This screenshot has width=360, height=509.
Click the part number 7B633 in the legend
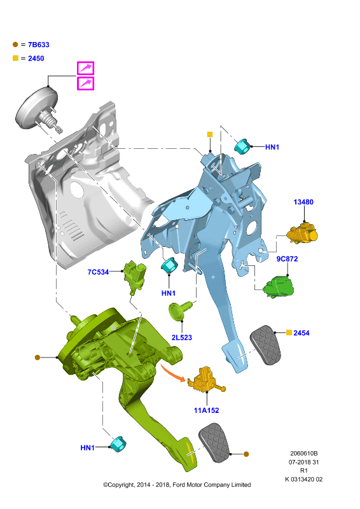coord(39,45)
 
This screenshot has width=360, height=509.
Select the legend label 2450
coord(36,59)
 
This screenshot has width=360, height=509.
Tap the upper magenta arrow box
coord(85,68)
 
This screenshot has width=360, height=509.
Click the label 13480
coord(303,202)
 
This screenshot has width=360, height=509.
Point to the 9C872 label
coord(287,259)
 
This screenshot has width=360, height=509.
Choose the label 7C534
coord(98,272)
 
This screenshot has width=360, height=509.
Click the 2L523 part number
coord(182,338)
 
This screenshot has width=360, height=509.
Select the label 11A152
coord(207,410)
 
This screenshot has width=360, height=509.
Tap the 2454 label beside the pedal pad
coord(301,333)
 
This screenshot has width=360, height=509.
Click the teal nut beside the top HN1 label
coord(242,146)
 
